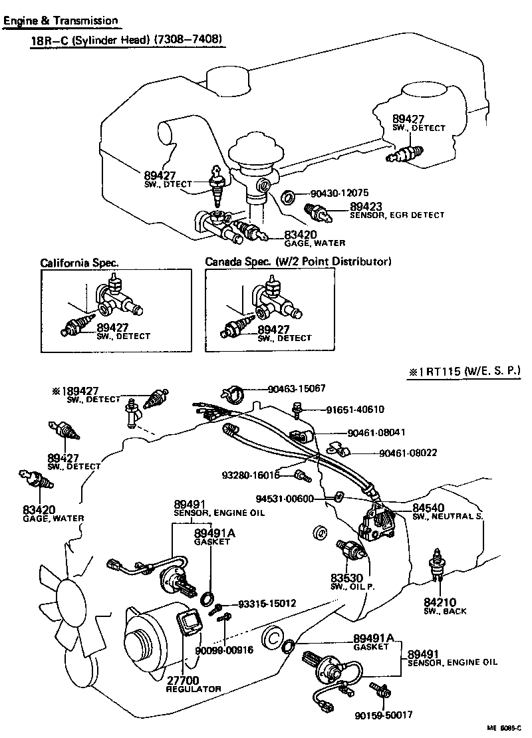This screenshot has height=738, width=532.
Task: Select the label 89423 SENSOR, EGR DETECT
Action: tap(397, 211)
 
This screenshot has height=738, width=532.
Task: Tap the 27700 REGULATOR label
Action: tap(193, 684)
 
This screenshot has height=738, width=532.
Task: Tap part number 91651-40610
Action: tap(354, 410)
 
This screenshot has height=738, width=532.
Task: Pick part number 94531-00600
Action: tap(293, 499)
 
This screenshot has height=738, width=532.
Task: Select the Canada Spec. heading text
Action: tap(297, 262)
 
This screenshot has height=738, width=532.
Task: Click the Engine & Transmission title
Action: tap(61, 21)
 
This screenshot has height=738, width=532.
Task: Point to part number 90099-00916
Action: tap(224, 650)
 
